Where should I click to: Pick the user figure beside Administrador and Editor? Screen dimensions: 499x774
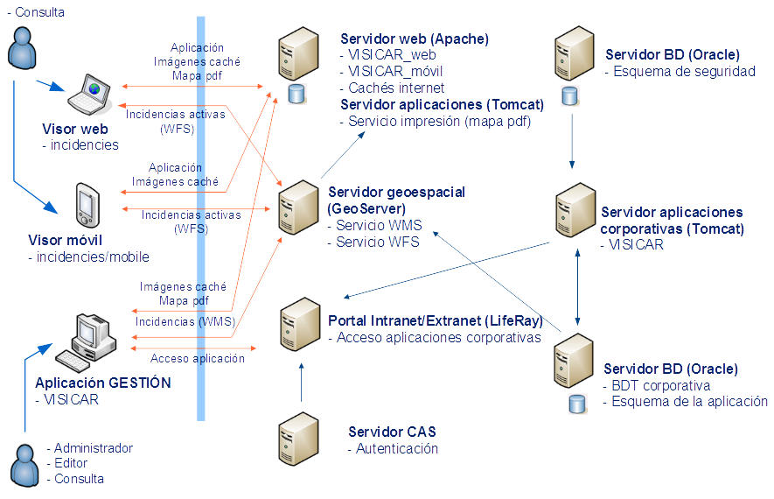(24, 464)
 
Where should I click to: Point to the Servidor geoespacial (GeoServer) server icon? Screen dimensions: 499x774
(298, 208)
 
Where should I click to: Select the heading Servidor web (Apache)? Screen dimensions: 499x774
(415, 39)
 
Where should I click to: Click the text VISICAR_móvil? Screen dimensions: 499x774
(394, 72)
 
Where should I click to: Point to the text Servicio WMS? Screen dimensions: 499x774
(377, 226)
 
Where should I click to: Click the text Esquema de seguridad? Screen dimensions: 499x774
(684, 72)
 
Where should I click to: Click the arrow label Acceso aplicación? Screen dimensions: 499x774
(198, 358)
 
